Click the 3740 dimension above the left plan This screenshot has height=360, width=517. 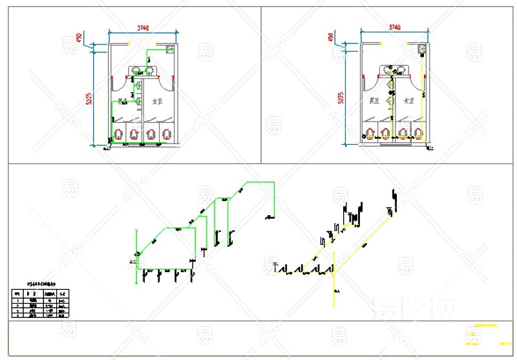click(x=143, y=28)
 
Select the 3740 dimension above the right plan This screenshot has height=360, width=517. click(x=394, y=27)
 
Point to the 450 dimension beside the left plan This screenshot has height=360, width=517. click(x=78, y=38)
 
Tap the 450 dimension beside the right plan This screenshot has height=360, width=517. click(x=330, y=37)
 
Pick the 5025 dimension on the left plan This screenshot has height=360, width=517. click(x=89, y=98)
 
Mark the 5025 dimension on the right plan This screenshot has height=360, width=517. click(x=341, y=98)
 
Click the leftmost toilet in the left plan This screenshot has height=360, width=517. click(x=118, y=134)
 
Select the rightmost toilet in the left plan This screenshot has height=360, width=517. click(x=167, y=134)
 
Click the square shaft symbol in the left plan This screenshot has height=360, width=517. click(x=171, y=48)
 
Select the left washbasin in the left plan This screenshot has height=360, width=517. click(x=138, y=72)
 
